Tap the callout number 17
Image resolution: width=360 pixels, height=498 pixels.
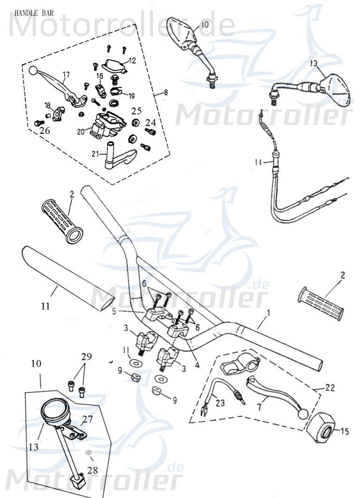66,74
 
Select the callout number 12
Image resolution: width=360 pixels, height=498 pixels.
132,60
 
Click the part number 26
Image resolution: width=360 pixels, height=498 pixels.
45,131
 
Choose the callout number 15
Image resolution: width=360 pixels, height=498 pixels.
345,431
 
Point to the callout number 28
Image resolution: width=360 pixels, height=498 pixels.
93,469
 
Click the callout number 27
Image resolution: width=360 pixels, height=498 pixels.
88,419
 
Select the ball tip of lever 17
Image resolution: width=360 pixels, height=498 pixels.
33,71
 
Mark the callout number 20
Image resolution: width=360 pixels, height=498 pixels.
81,132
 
